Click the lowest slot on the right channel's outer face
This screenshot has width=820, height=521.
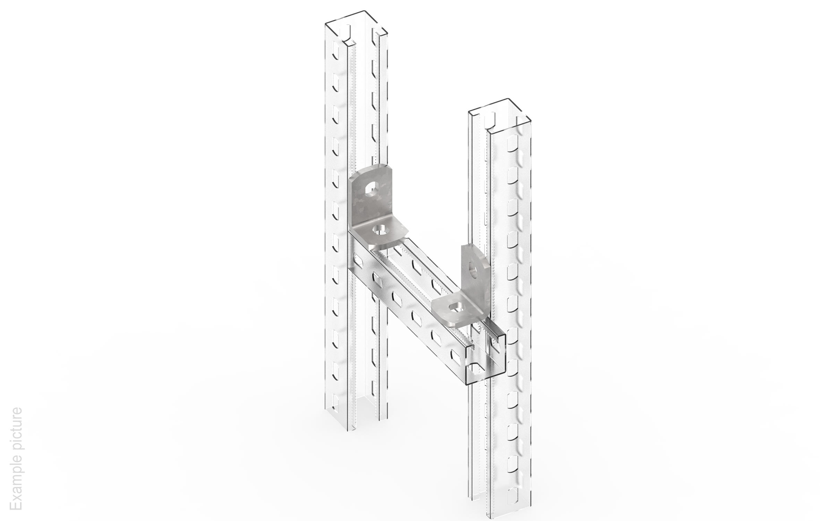point(513,494)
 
